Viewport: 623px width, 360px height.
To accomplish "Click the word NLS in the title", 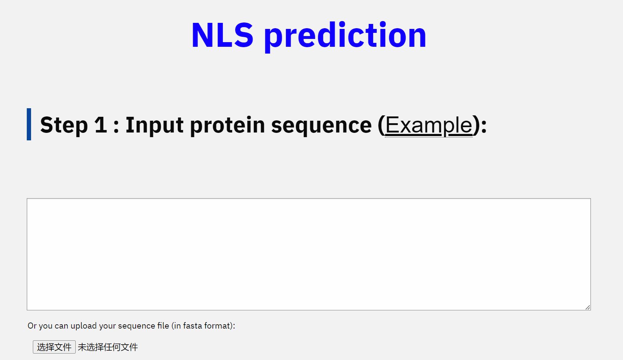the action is [222, 35].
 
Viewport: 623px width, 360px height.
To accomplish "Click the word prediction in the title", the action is [345, 36].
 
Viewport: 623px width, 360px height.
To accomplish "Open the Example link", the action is [429, 125].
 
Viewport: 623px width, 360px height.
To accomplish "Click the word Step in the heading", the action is [64, 125].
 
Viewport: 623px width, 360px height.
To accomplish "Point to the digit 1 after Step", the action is [101, 125].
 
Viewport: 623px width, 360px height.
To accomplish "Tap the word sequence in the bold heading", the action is [321, 125].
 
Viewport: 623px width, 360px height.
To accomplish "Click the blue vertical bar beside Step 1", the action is [29, 124].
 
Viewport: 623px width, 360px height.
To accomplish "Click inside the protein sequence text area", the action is [309, 254].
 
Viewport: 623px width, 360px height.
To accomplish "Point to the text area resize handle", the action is [588, 307].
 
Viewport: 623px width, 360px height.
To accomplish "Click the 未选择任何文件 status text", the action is [108, 347].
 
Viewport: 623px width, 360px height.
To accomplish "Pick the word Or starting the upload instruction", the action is [32, 326].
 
